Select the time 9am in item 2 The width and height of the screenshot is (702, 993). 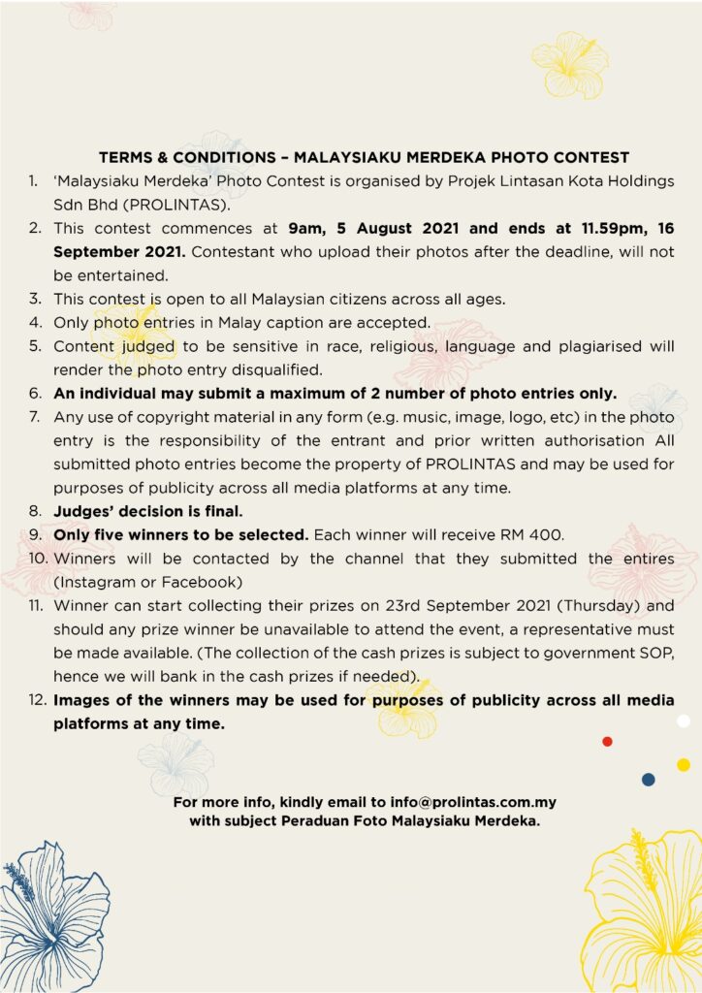(x=305, y=229)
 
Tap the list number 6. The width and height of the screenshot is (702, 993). (x=34, y=393)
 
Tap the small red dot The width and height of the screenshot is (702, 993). (x=607, y=742)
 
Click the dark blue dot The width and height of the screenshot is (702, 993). (x=648, y=780)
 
